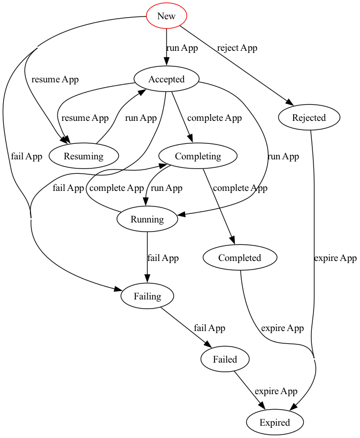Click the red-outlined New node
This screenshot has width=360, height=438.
pos(166,16)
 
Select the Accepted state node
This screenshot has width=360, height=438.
pos(166,80)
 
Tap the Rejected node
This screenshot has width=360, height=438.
pos(309,118)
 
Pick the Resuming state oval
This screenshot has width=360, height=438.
pos(83,156)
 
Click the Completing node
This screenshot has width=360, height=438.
pos(198,156)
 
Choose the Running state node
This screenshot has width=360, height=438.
pos(147,219)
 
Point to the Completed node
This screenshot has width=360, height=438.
pos(240,258)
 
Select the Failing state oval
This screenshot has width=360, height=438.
pos(147,296)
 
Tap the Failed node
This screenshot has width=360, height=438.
pos(225,359)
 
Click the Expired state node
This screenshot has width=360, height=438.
pos(274,422)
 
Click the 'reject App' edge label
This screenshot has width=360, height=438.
pos(237,48)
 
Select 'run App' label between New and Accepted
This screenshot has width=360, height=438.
pos(182,48)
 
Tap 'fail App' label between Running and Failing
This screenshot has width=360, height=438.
pos(163,258)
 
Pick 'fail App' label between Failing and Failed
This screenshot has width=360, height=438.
pos(209,328)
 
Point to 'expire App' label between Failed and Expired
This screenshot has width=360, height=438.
pos(275,391)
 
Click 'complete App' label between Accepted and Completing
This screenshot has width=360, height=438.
pos(215,118)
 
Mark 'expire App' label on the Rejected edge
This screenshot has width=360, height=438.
pos(335,258)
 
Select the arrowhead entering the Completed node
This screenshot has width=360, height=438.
pos(233,242)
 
